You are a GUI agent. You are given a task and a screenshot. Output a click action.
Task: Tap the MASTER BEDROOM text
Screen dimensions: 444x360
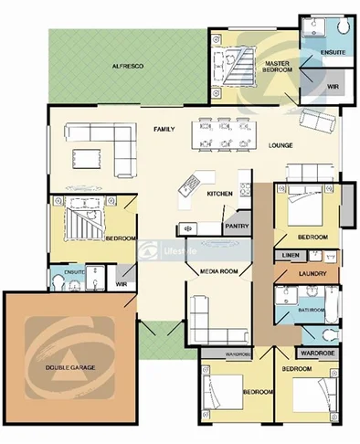click(x=271, y=66)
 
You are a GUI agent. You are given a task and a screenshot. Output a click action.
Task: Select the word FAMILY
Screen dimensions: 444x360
click(x=164, y=129)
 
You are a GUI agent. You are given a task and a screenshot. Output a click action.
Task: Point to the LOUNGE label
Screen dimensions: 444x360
click(x=281, y=146)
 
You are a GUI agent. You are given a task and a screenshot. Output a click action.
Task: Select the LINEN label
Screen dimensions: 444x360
click(x=291, y=255)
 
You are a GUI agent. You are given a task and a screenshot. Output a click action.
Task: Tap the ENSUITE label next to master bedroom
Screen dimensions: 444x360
click(x=333, y=53)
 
